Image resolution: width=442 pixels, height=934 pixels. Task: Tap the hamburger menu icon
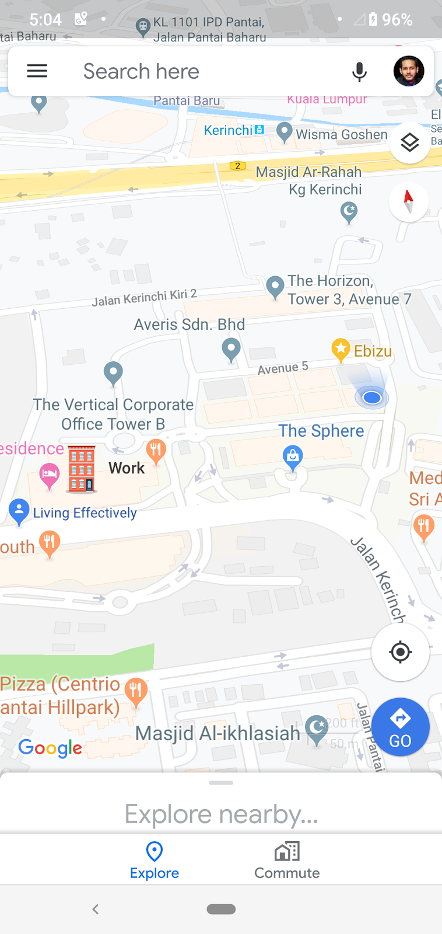(37, 71)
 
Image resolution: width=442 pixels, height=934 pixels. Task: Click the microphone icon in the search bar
(359, 72)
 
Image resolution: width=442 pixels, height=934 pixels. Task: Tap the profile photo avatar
(408, 71)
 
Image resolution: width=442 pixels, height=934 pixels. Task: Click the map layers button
(410, 142)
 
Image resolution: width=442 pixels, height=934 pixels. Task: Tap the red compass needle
(408, 201)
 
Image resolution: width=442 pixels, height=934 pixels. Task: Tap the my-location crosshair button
(400, 651)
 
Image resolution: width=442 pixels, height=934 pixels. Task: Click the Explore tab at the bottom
(155, 860)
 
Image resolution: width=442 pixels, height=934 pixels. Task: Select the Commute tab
(287, 860)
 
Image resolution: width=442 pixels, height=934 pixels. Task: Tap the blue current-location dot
(371, 398)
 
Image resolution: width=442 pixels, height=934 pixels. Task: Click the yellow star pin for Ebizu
(341, 350)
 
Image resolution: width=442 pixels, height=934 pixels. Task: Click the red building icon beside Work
(82, 469)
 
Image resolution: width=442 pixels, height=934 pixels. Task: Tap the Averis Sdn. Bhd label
(190, 325)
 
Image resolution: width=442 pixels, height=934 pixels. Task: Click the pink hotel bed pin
(50, 475)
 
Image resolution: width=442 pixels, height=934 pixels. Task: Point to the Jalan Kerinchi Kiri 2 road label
(144, 297)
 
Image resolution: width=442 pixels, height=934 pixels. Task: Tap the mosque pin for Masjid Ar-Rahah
(349, 211)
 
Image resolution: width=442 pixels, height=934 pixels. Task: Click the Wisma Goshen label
(342, 135)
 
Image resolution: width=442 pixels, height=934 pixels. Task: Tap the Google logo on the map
(50, 747)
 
